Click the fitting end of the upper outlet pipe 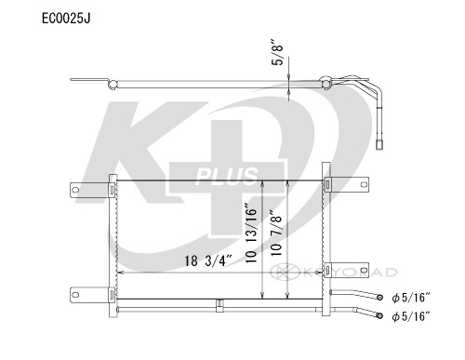pyautogui.click(x=382, y=297)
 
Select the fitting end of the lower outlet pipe pyautogui.click(x=382, y=315)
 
